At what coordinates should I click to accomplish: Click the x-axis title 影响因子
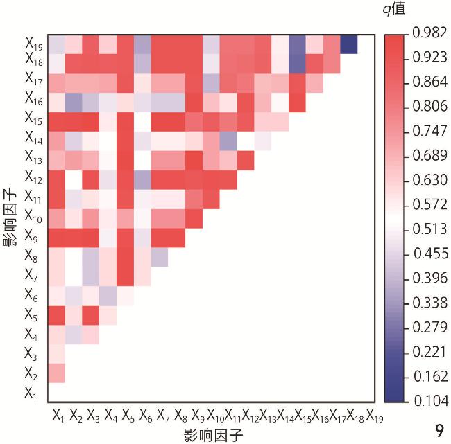click(x=213, y=435)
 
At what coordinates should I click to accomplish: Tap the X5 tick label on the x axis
click(x=128, y=416)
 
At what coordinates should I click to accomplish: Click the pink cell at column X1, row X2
click(x=57, y=373)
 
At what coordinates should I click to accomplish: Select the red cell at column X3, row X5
click(x=91, y=314)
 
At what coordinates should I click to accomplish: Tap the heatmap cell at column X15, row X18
click(x=297, y=64)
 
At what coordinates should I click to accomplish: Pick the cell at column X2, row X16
click(x=74, y=102)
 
